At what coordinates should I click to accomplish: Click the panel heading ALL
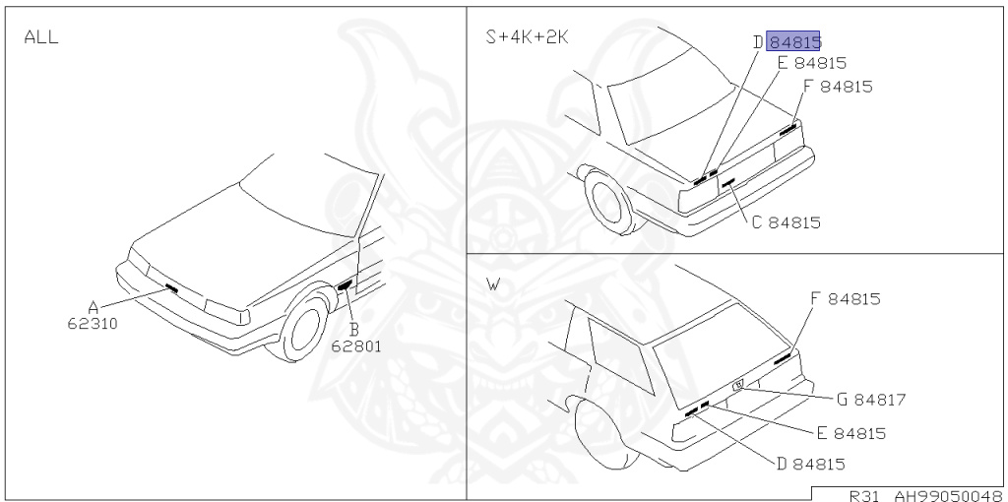coord(40,37)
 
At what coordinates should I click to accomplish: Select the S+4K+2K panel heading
coord(527,37)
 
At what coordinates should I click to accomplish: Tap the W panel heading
coord(493,285)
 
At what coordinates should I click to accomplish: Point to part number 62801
coord(355,345)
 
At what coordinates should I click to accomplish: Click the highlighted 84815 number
coord(794,41)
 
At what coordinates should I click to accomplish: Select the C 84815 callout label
coord(786,222)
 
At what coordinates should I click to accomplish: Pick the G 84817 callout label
coord(870,400)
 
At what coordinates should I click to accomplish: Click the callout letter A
coord(93,307)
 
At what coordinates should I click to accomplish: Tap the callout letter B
coord(353,329)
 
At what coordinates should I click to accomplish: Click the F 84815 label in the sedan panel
coord(837,86)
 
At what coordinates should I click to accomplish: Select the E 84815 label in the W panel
coord(850,433)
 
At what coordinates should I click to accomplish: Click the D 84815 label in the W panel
coord(810,464)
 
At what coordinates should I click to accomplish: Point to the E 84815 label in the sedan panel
coord(811,63)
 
